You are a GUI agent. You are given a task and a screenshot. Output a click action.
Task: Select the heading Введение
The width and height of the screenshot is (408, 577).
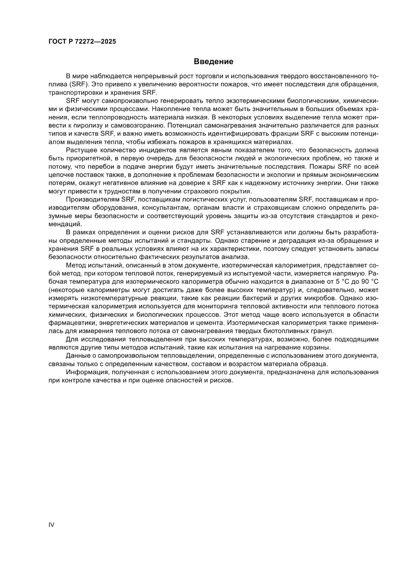tap(213, 62)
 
